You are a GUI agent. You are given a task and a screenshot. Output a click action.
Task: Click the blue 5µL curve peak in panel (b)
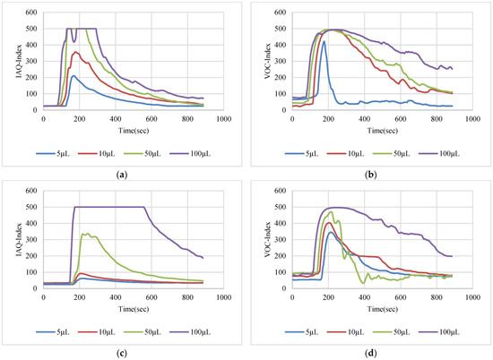[324, 41]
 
